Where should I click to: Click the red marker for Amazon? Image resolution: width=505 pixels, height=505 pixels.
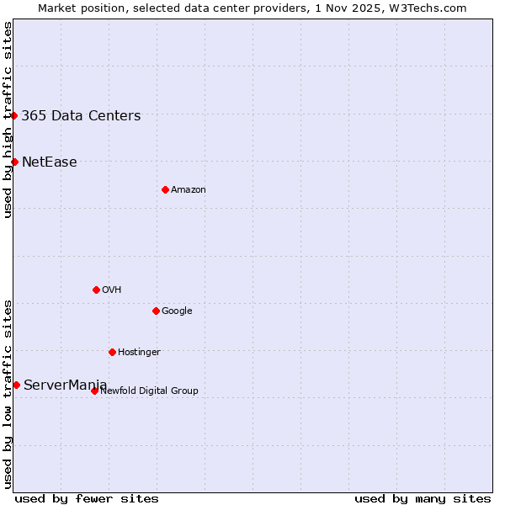165,189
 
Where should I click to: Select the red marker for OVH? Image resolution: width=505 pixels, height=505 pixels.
96,290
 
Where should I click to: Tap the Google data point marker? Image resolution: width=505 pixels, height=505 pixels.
156,311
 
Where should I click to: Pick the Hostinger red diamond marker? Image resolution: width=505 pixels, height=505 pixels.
112,352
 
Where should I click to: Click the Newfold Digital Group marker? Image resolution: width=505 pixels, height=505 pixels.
94,391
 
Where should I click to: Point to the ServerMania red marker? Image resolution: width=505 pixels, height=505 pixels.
16,385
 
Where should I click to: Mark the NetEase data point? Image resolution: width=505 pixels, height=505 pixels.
14,162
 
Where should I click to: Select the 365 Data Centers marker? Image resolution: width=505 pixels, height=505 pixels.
14,115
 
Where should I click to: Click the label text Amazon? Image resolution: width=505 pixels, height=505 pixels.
189,190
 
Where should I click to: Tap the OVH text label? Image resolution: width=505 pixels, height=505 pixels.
112,290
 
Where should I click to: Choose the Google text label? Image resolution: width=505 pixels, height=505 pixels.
177,311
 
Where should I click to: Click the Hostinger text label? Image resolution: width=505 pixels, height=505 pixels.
139,353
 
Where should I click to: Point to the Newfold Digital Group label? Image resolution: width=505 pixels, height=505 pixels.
150,391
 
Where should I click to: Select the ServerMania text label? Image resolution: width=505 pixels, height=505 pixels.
66,385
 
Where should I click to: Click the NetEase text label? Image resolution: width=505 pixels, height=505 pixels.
50,162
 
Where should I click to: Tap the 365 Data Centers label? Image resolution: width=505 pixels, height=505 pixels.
81,116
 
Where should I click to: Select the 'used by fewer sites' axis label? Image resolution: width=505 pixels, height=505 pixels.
87,498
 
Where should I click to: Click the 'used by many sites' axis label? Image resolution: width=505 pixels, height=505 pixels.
423,498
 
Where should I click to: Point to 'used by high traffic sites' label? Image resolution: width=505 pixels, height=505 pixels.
8,120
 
